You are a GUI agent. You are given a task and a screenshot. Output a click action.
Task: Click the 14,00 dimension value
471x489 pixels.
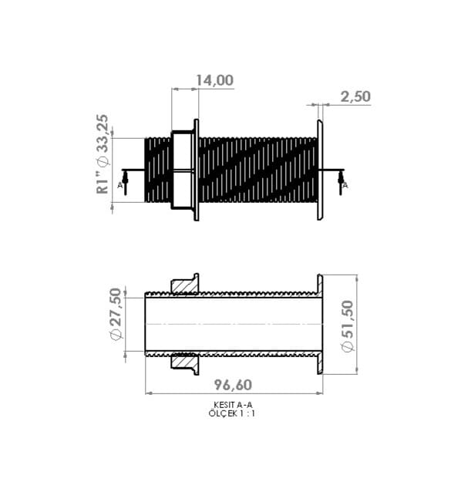214,80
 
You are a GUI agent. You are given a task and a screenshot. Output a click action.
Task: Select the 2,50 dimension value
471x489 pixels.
355,96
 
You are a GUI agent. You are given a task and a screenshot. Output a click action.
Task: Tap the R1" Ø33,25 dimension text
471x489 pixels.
103,154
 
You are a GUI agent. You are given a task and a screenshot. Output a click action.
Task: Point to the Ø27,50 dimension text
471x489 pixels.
116,314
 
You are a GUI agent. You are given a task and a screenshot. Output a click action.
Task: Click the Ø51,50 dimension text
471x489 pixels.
348,326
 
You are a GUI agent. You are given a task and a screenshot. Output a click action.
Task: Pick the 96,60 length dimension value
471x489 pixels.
233,385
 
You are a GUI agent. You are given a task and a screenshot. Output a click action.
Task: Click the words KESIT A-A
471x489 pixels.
233,405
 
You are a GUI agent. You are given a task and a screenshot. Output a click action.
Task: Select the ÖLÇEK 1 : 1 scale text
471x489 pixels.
232,413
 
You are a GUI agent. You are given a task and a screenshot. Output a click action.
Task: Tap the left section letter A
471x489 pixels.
120,185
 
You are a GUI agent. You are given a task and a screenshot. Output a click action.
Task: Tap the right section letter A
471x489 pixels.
345,186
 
